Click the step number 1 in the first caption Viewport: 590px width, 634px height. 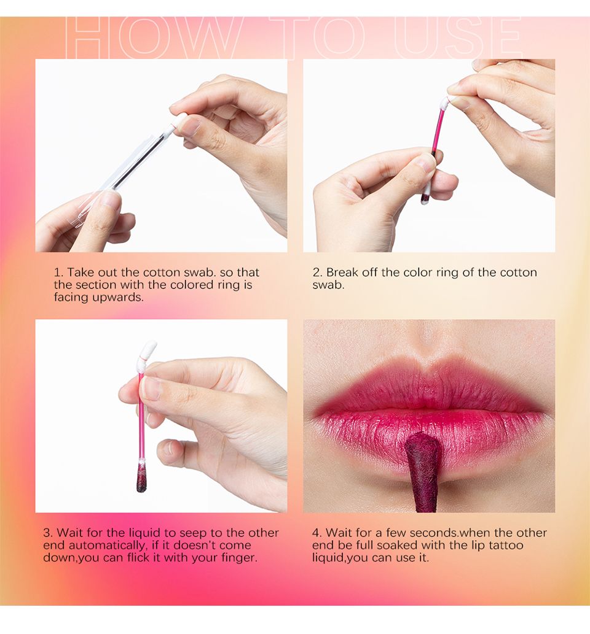(x=57, y=272)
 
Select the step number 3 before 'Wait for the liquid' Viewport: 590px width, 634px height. (x=47, y=533)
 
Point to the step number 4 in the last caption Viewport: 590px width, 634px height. (x=317, y=533)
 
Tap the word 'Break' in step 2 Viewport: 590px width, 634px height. (x=342, y=272)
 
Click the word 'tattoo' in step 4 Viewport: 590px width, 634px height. (x=506, y=545)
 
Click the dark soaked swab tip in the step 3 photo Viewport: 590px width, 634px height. (x=141, y=479)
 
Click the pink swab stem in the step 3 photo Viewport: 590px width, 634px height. (x=141, y=417)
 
